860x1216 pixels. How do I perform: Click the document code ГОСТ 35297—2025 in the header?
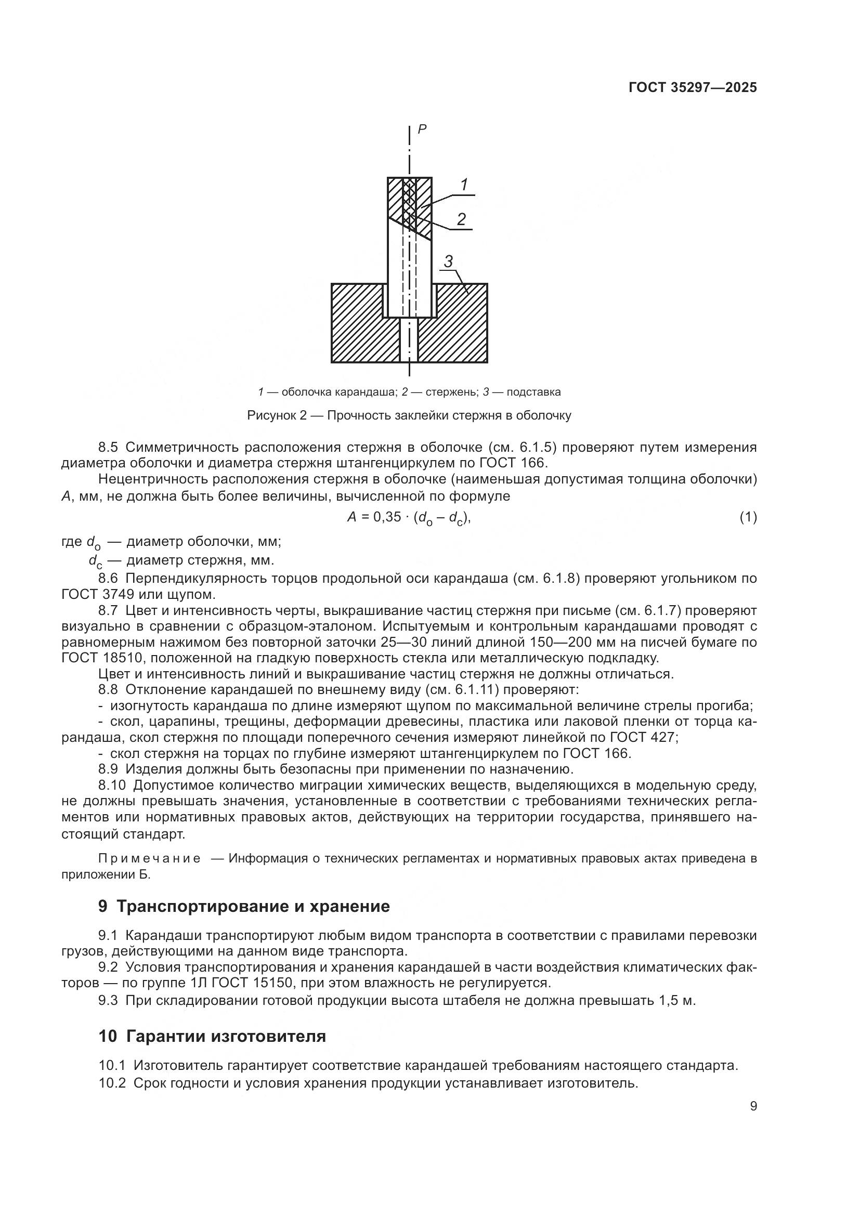(x=692, y=87)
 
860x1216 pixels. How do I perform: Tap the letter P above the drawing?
(x=422, y=129)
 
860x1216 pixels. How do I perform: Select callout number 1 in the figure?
(x=464, y=185)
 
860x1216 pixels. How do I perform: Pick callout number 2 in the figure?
(x=461, y=219)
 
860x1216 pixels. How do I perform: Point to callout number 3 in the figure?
(x=448, y=261)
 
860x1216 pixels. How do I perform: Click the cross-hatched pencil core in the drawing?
(x=409, y=204)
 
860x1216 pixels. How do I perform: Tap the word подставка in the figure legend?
(x=533, y=393)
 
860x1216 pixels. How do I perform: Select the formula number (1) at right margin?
(x=748, y=517)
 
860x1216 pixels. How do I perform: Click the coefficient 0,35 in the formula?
(x=387, y=517)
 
